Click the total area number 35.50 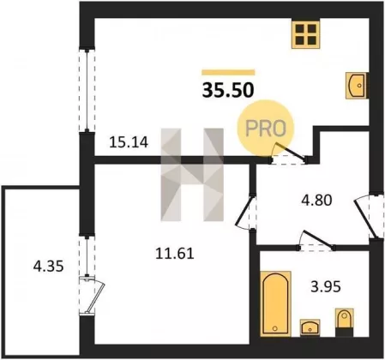[228, 90]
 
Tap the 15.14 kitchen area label [129, 142]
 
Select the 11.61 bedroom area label [175, 253]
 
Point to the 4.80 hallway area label [316, 200]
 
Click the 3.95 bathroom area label [326, 286]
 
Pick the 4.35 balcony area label [48, 267]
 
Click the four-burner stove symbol [305, 35]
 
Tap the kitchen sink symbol [357, 86]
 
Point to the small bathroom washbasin [310, 327]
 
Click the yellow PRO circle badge [266, 128]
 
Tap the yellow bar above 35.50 [228, 72]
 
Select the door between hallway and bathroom [316, 241]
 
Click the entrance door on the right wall [369, 216]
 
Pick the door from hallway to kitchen [289, 153]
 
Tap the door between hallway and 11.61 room [246, 213]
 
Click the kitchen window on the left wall [87, 91]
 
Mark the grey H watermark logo [192, 175]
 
